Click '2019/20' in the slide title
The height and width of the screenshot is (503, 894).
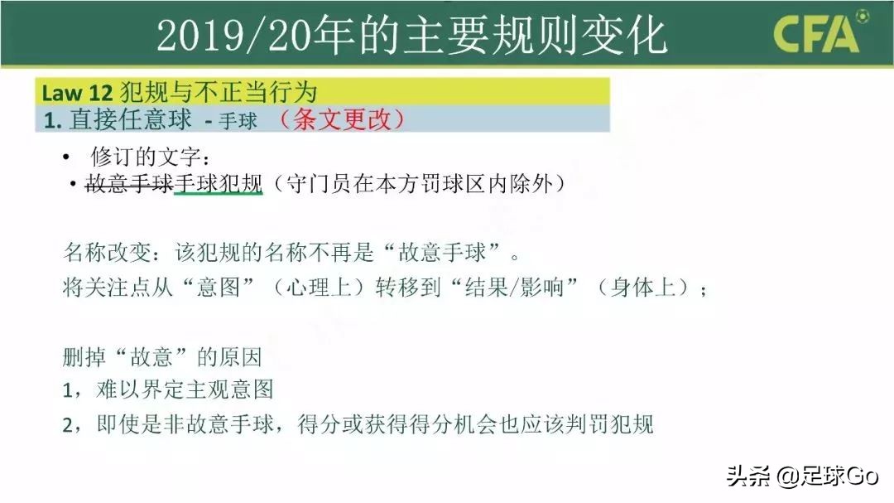[x=234, y=36]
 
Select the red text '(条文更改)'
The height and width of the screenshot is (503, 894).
[x=341, y=119]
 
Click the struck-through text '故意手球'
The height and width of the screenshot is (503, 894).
[x=129, y=184]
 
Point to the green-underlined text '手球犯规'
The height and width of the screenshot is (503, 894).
[x=218, y=184]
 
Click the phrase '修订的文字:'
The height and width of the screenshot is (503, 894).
[x=145, y=157]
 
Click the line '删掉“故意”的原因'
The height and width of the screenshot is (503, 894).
[x=162, y=357]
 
